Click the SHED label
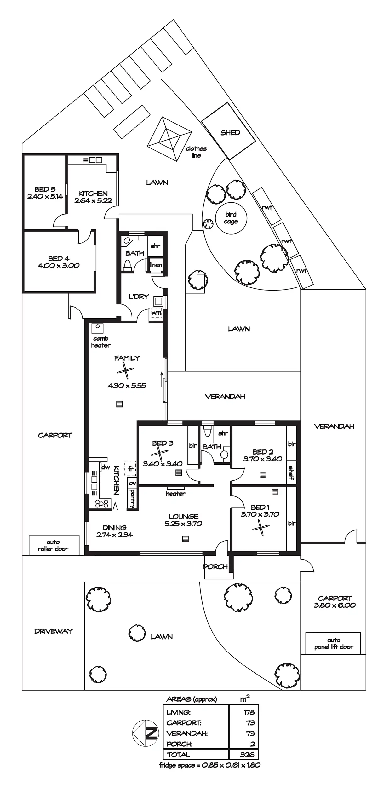tap(230, 133)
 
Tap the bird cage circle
tap(231, 218)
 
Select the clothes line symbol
tap(169, 139)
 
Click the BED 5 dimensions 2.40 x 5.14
tap(45, 196)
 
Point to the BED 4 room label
tap(59, 258)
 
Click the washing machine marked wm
tap(156, 313)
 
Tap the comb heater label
tap(101, 342)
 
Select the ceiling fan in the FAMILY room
tap(125, 371)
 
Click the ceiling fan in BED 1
tap(261, 527)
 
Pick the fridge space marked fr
tap(130, 469)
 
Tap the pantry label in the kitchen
tap(133, 498)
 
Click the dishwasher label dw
tap(105, 467)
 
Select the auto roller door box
tap(54, 545)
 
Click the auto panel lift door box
tap(333, 643)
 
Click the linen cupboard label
tap(156, 265)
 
